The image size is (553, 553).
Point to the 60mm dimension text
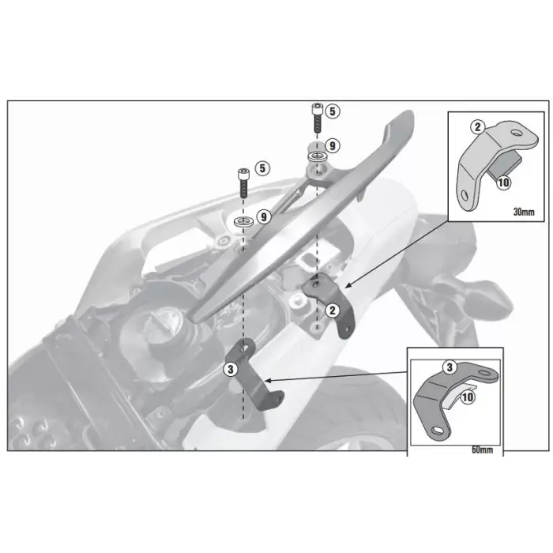click(483, 450)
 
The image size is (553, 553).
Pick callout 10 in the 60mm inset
click(467, 397)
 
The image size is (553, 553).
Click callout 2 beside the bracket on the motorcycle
click(333, 310)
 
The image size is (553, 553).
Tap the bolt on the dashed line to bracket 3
click(244, 182)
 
